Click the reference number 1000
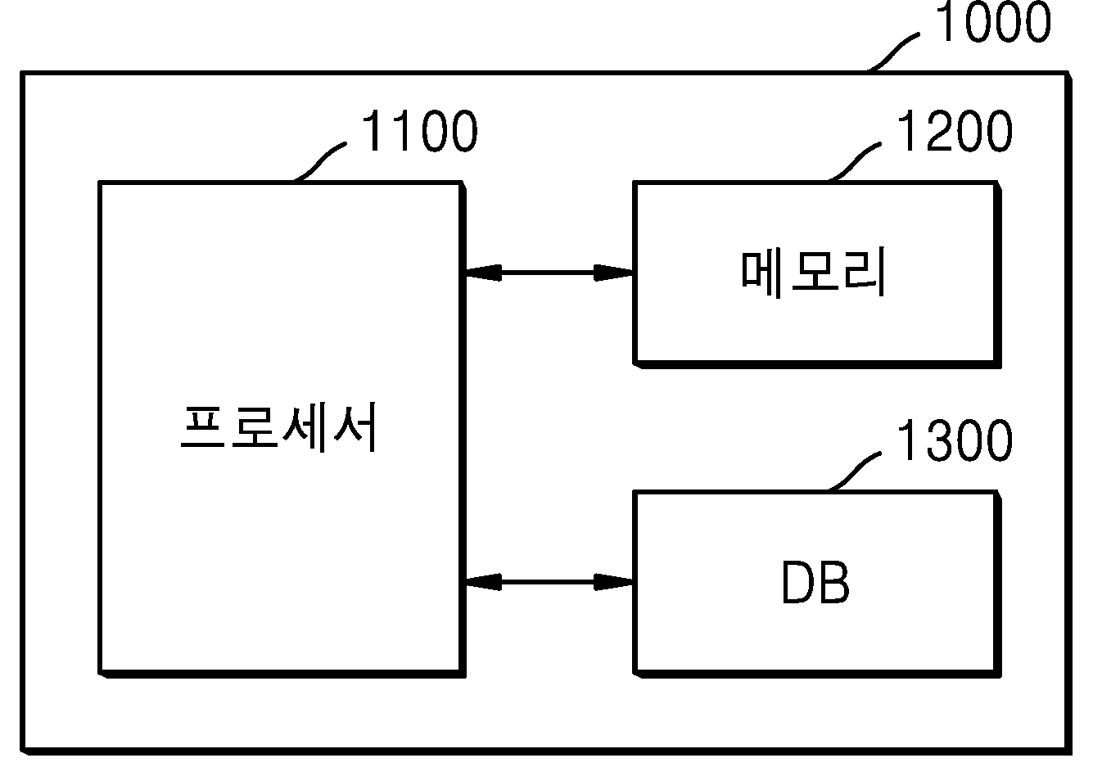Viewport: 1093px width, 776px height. point(992,22)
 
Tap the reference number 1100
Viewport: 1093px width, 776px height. point(419,130)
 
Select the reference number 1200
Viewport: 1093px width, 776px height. point(955,130)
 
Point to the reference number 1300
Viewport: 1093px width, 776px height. point(955,440)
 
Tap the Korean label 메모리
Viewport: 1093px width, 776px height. point(813,273)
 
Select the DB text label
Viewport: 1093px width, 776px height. point(815,582)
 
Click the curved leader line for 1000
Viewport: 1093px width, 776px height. point(894,52)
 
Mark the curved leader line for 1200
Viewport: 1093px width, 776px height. point(855,162)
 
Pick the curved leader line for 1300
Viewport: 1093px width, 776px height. point(855,471)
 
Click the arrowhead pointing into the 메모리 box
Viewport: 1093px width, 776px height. point(613,273)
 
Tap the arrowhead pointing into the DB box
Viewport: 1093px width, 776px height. point(613,582)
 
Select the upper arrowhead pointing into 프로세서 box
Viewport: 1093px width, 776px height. point(484,273)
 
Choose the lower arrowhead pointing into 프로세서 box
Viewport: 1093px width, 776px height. point(484,582)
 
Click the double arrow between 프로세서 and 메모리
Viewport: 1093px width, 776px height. point(549,273)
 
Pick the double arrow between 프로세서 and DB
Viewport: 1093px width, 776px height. point(549,582)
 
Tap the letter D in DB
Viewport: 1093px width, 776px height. point(799,582)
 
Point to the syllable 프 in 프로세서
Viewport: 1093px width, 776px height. point(202,428)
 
